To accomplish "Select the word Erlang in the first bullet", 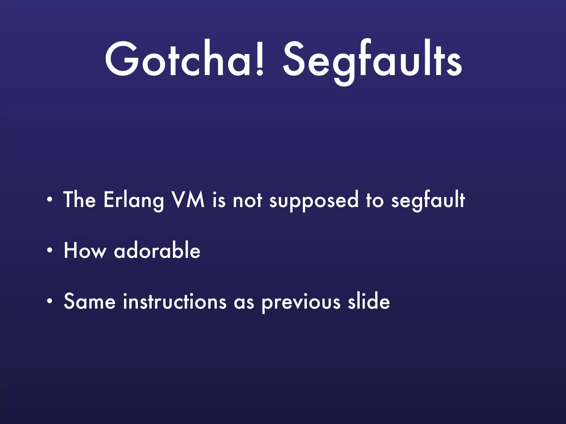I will [x=134, y=200].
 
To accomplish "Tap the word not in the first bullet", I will [x=247, y=200].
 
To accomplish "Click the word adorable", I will [x=157, y=251].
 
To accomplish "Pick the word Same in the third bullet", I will [x=90, y=301].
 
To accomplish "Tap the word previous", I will [x=301, y=303].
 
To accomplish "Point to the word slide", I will [x=369, y=301].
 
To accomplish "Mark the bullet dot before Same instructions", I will [x=49, y=302].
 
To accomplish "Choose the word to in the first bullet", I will [x=375, y=200].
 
